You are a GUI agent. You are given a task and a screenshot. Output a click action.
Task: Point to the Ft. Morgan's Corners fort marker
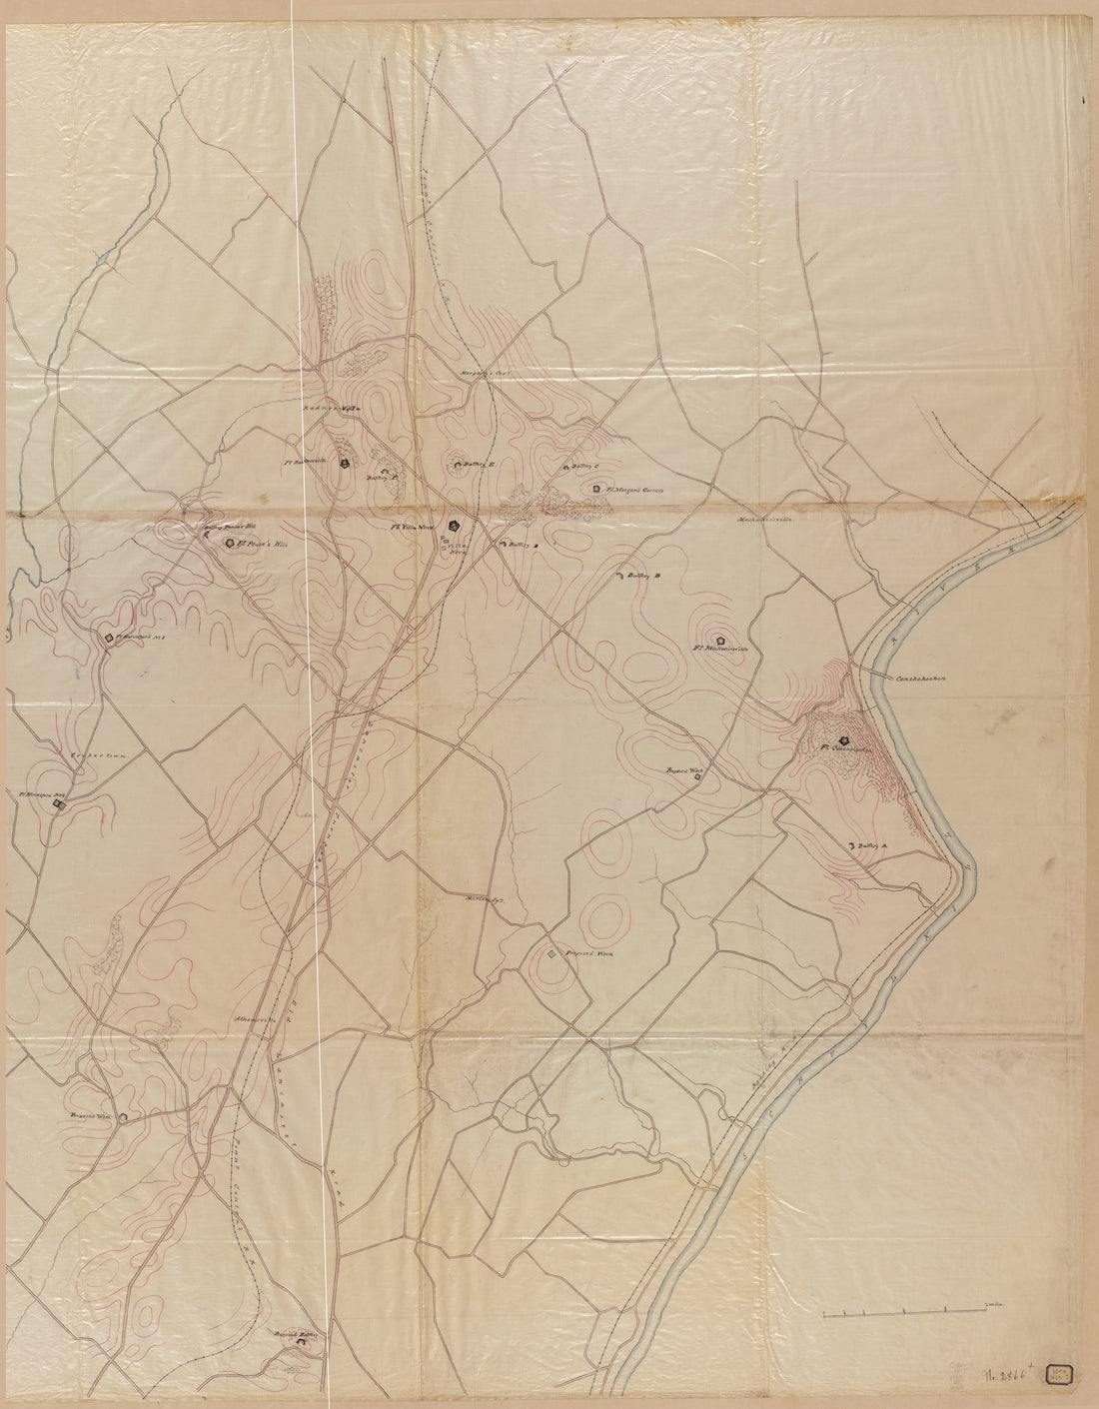[595, 489]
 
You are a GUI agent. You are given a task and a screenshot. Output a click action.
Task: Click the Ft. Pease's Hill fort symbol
[231, 543]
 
